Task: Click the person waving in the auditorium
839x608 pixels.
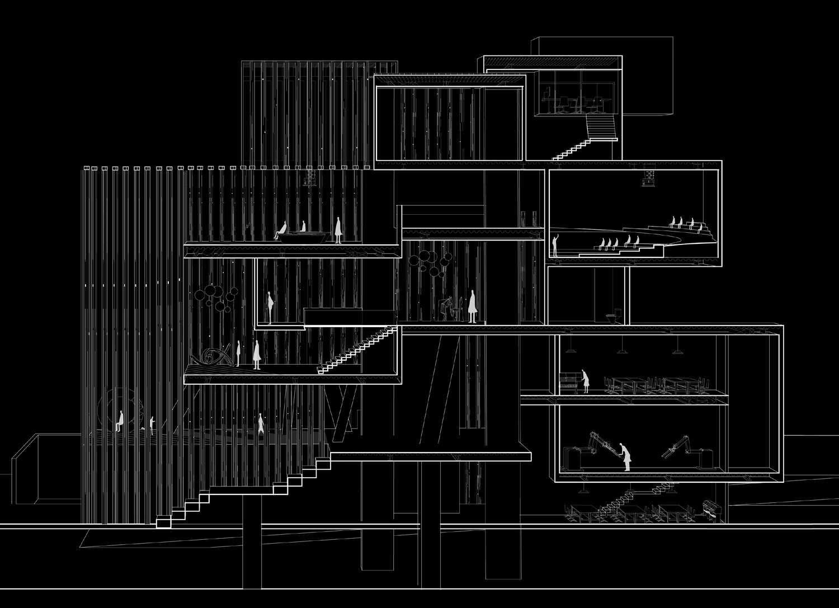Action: click(555, 246)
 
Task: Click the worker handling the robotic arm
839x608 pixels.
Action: click(625, 456)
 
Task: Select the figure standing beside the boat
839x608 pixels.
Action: click(338, 229)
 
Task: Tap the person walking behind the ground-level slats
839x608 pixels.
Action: click(261, 425)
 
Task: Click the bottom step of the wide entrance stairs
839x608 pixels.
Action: click(163, 522)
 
